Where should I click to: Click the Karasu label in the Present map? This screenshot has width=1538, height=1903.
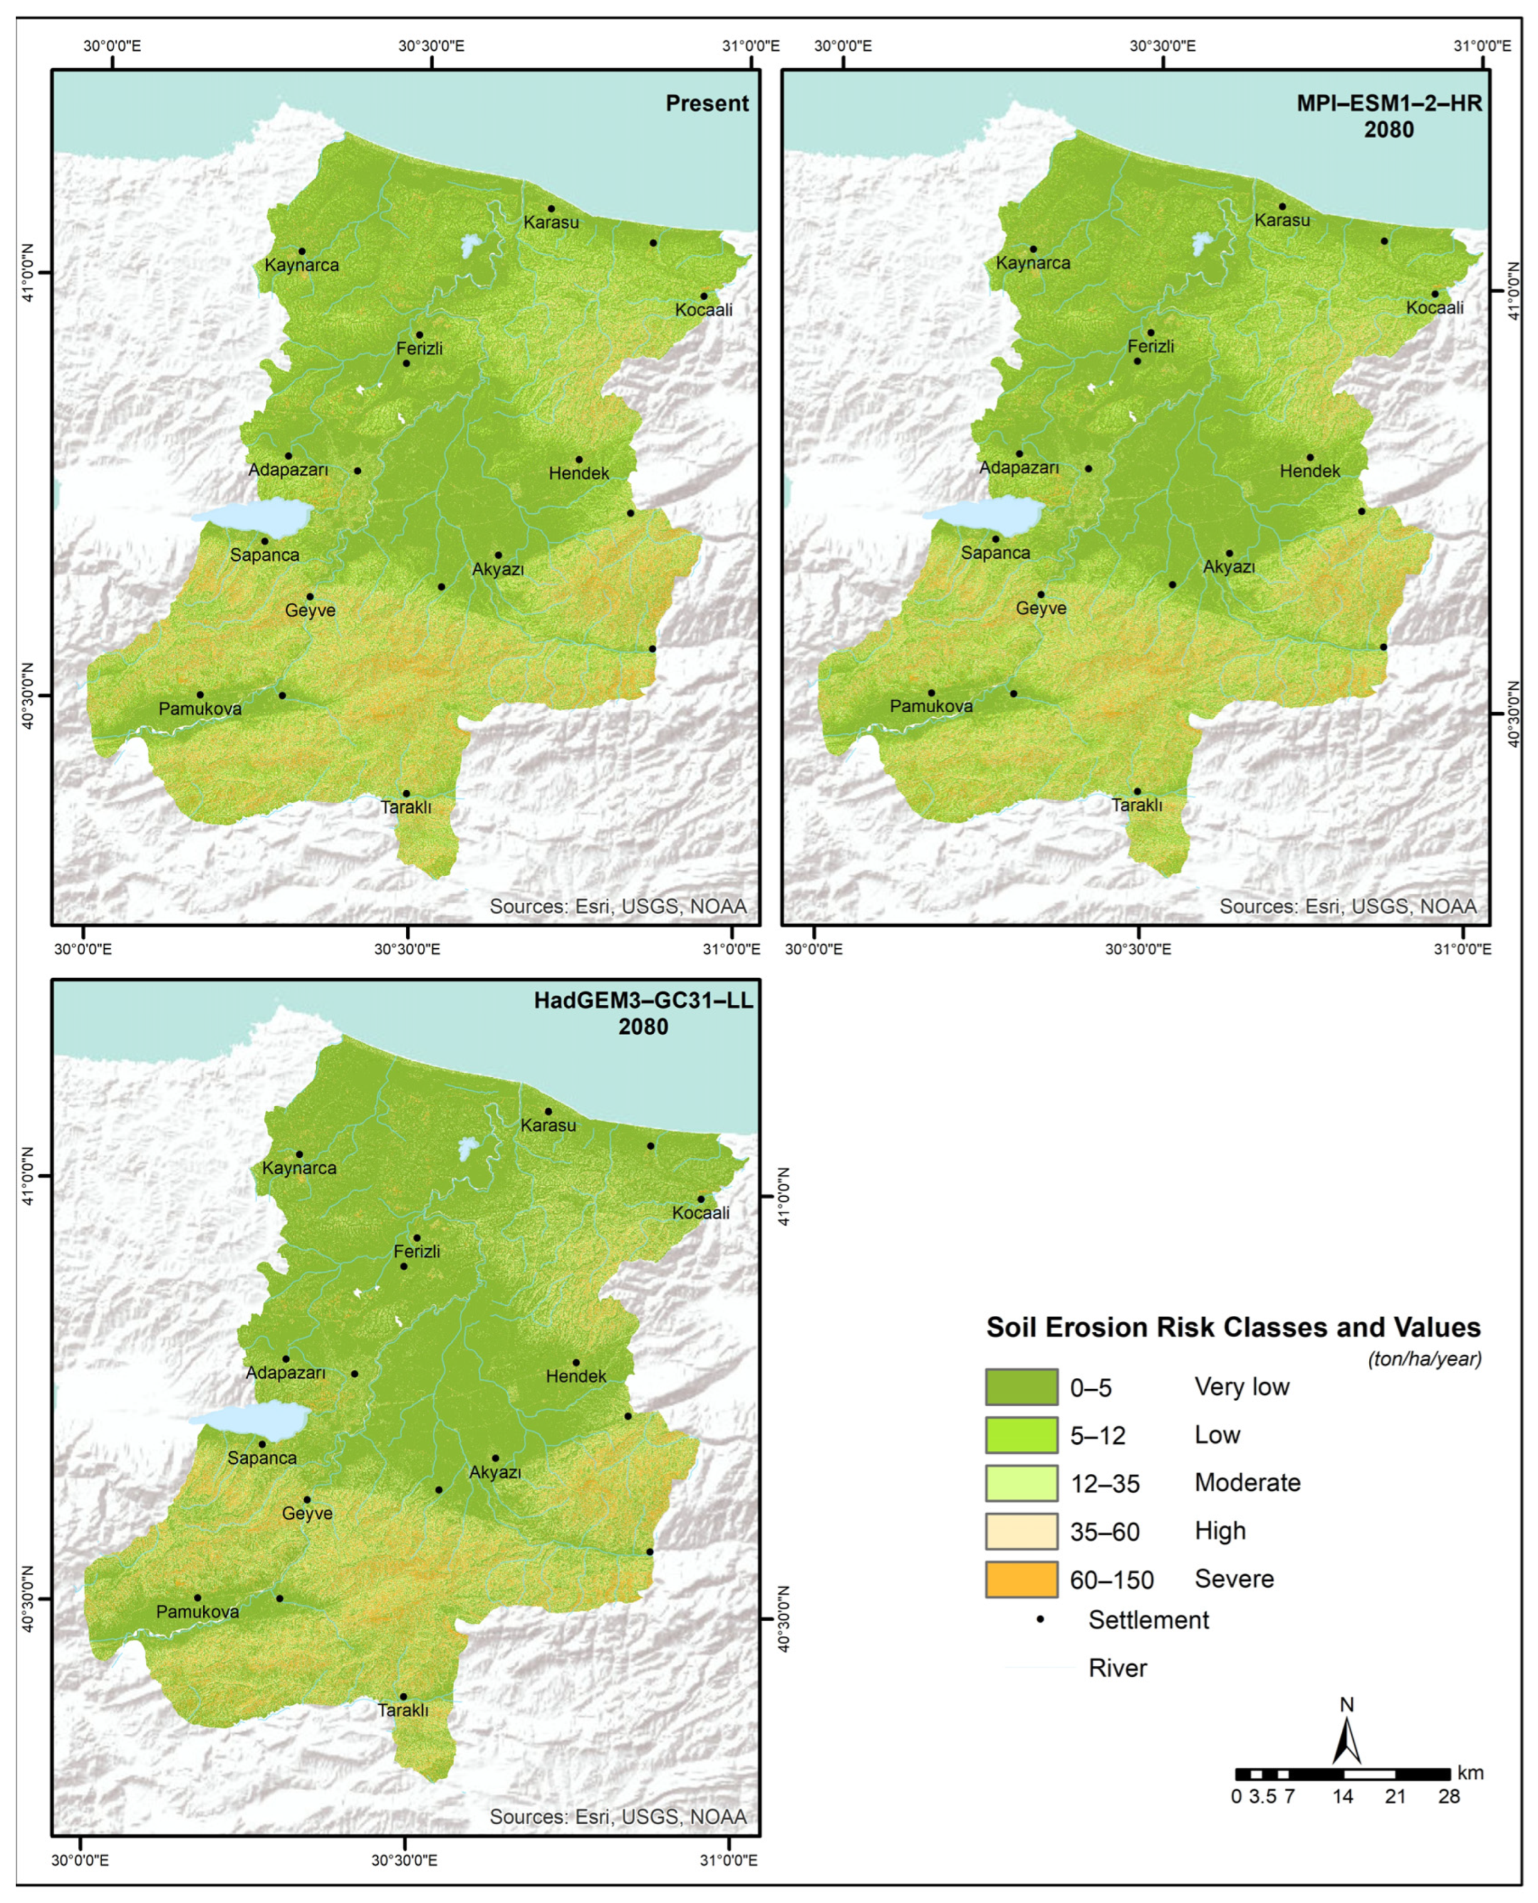click(551, 222)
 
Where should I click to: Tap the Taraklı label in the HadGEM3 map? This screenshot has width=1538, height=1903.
click(403, 1711)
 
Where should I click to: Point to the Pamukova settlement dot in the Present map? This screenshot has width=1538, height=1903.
click(200, 694)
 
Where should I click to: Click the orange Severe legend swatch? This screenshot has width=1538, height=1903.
click(1021, 1579)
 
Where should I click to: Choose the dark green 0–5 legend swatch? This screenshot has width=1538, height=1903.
click(1021, 1387)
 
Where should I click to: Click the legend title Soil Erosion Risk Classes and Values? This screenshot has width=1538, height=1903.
click(1234, 1327)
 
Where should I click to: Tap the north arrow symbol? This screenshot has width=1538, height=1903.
click(1347, 1740)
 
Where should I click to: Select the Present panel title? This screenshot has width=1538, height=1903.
click(707, 103)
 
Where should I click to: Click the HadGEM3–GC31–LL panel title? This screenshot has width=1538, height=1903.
click(643, 1001)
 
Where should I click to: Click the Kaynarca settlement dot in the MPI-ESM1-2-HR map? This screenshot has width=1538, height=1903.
click(1032, 249)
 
